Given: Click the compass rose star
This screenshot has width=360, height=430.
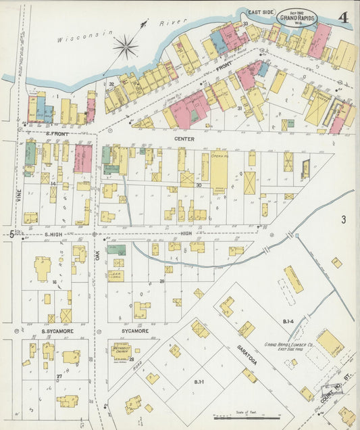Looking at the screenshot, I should coord(126,47).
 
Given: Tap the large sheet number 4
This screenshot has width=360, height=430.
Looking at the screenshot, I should coord(344,18).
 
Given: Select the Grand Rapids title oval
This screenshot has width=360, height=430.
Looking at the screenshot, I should coord(295,17).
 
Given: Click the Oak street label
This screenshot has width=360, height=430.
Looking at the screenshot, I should coord(96,259).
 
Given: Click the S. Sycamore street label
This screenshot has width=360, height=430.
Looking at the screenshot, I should coord(57,331).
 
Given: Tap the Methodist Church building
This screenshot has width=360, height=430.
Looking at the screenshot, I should coord(121,352).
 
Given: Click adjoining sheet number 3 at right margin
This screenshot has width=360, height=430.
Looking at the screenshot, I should coord(343,219).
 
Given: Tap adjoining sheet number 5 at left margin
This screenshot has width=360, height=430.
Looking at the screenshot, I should coord(11,233).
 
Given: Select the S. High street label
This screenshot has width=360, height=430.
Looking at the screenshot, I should coord(53,234).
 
